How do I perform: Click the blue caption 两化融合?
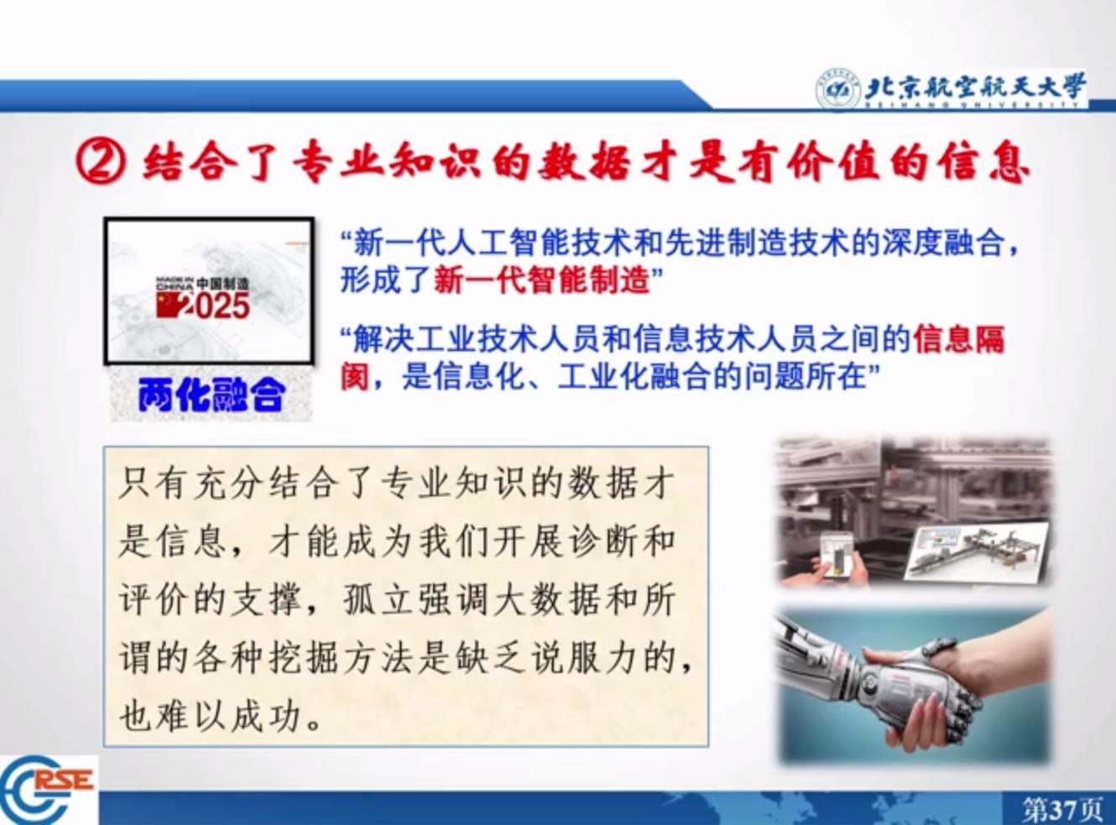[211, 394]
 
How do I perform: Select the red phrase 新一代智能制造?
[542, 279]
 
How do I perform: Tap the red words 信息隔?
[959, 339]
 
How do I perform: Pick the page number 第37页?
[1062, 809]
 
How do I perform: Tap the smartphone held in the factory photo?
[837, 554]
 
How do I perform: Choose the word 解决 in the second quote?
[384, 339]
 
